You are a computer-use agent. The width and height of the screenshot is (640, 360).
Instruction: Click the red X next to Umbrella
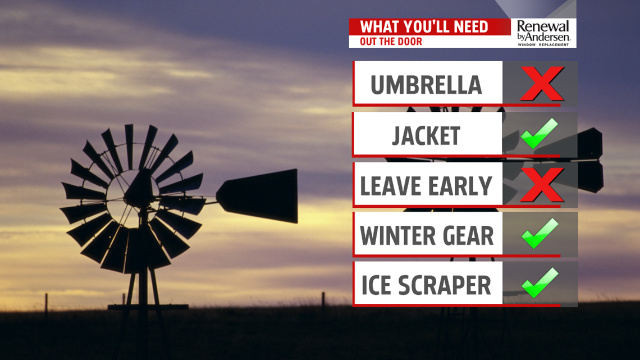[x=542, y=84]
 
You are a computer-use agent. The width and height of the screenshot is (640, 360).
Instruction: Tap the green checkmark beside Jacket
[x=539, y=134]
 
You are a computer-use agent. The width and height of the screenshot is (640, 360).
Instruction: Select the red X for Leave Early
[x=542, y=184]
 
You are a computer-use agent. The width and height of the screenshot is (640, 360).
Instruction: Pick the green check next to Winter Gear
[x=540, y=233]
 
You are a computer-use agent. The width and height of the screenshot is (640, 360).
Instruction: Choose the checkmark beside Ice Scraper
[x=540, y=283]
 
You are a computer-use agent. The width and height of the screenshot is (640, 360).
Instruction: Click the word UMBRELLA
[x=426, y=85]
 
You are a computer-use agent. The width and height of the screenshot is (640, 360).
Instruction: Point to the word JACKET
[x=426, y=136]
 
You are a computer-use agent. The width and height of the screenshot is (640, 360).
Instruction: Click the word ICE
[x=376, y=285]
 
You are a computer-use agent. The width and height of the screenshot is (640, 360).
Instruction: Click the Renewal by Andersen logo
[x=543, y=33]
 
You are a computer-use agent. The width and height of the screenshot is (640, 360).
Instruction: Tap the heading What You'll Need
[x=424, y=27]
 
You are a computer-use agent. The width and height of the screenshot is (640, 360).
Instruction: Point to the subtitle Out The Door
[x=391, y=42]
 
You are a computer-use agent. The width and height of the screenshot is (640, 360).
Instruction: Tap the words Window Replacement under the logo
[x=543, y=44]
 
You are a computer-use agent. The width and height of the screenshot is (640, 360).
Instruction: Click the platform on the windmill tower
[x=148, y=307]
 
